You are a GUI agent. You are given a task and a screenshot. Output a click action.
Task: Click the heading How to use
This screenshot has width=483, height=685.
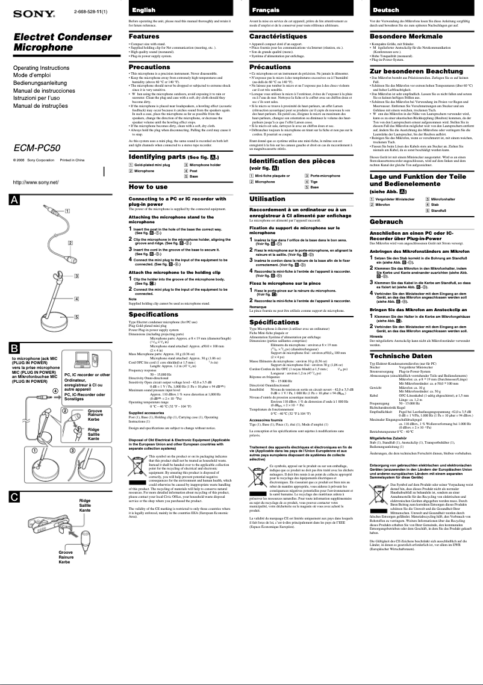(x=149, y=187)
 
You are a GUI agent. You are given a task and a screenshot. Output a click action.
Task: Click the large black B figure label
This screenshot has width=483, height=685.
(x=14, y=349)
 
